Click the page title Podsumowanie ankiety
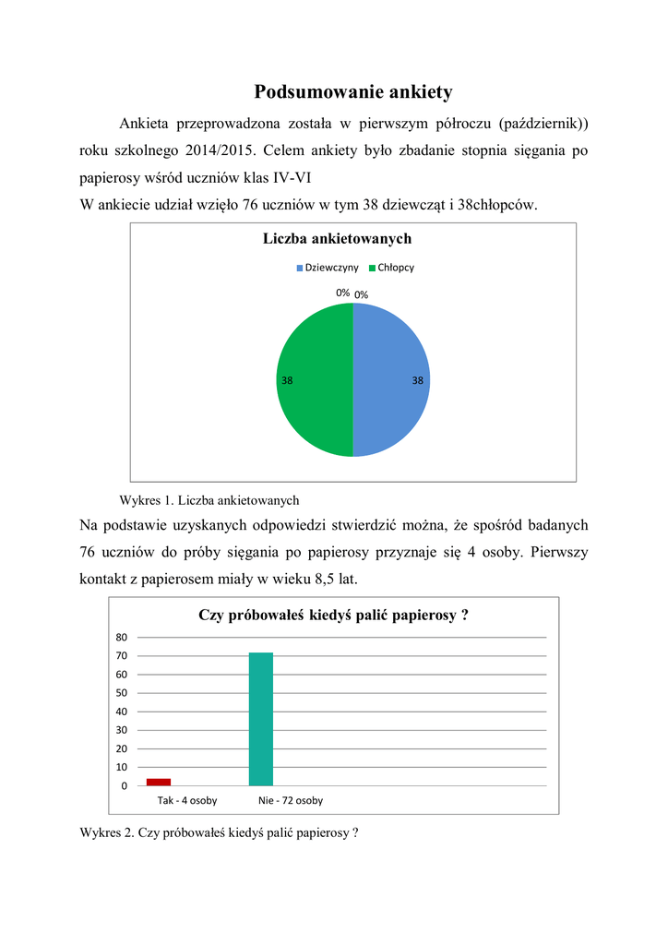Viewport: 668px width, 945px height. [x=353, y=92]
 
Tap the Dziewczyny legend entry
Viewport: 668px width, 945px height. [x=327, y=267]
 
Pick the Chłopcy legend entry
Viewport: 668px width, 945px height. [x=391, y=267]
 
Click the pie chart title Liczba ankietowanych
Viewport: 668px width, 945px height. [x=337, y=239]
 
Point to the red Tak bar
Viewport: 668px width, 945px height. [x=159, y=782]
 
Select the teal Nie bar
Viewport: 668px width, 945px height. [x=261, y=719]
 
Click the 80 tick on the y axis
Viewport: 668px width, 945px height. [x=121, y=638]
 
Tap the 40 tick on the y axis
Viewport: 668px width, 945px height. [x=121, y=712]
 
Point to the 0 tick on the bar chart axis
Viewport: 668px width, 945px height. [x=124, y=785]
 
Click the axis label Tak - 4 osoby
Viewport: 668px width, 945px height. [x=187, y=800]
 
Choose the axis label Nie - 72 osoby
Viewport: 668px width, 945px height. [x=291, y=800]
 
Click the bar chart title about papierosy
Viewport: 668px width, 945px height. [x=333, y=616]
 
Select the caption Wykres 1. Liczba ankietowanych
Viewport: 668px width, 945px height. [x=210, y=500]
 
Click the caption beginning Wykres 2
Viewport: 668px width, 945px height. [x=219, y=832]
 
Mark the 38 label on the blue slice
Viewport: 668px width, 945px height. [x=418, y=380]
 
